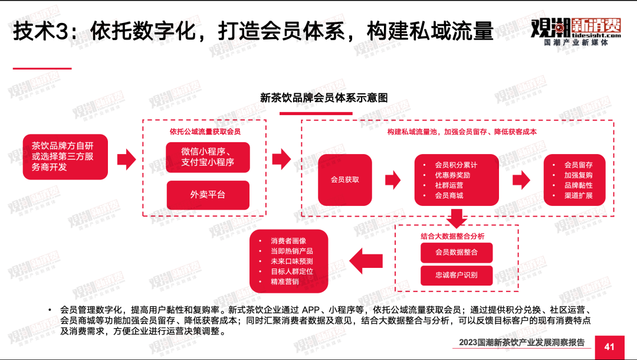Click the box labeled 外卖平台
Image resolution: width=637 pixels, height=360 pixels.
208,195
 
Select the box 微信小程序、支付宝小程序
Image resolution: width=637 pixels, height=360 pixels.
208,157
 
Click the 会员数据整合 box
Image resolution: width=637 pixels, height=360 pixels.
456,252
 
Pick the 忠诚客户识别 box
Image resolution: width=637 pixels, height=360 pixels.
456,275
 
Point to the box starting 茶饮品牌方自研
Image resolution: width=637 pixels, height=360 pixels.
65,157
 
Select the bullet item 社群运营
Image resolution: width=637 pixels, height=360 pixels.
449,185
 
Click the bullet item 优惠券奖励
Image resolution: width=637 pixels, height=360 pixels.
452,175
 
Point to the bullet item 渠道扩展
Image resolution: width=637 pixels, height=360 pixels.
578,195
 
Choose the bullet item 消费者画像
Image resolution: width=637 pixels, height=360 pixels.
288,241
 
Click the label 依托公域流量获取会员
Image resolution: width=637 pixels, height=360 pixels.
205,132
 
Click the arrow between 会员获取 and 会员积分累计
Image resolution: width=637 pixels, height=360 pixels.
393,180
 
